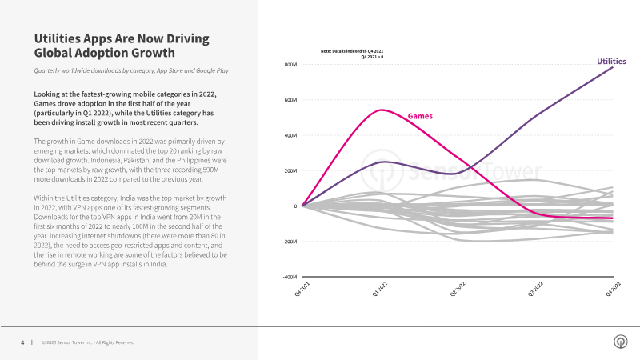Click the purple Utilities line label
pyautogui.click(x=611, y=62)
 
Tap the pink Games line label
pyautogui.click(x=420, y=116)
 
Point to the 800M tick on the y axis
pyautogui.click(x=290, y=65)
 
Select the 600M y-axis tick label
pyautogui.click(x=290, y=100)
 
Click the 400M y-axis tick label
pyautogui.click(x=290, y=135)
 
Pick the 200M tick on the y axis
pyautogui.click(x=290, y=170)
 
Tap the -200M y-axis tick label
pyautogui.click(x=290, y=242)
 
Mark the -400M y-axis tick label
pyautogui.click(x=290, y=277)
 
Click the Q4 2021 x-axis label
pyautogui.click(x=302, y=289)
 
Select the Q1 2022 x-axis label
pyautogui.click(x=380, y=289)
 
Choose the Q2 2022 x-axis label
pyautogui.click(x=458, y=289)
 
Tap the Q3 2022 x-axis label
pyautogui.click(x=535, y=289)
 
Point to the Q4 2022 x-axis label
pyautogui.click(x=613, y=289)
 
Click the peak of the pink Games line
pyautogui.click(x=382, y=110)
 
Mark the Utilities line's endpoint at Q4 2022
pyautogui.click(x=613, y=67)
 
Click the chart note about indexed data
pyautogui.click(x=352, y=54)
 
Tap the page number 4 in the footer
pyautogui.click(x=22, y=342)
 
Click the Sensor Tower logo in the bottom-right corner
pyautogui.click(x=621, y=342)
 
